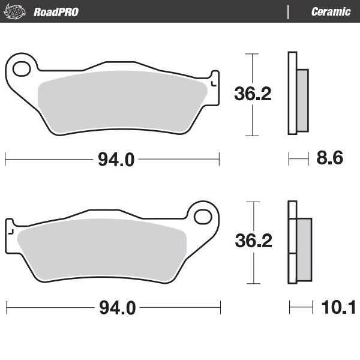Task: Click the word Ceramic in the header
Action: pyautogui.click(x=331, y=11)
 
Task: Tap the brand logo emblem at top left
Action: pyautogui.click(x=17, y=11)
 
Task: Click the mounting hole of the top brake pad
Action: pyautogui.click(x=21, y=69)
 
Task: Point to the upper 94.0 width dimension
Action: pyautogui.click(x=112, y=160)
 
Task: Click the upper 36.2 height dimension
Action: pyautogui.click(x=253, y=94)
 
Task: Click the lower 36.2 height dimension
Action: pyautogui.click(x=253, y=241)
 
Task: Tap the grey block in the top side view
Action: pyautogui.click(x=302, y=100)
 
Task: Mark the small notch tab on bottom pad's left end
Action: pyautogui.click(x=10, y=228)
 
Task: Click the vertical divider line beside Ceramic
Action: pyautogui.click(x=289, y=11)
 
